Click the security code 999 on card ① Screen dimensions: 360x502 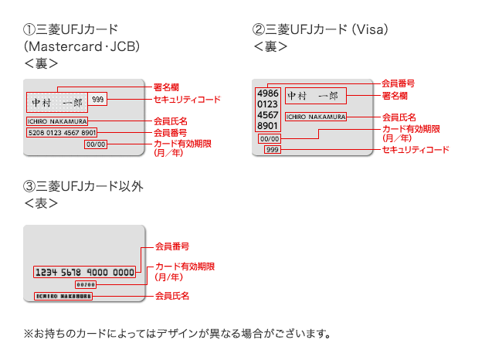(x=98, y=100)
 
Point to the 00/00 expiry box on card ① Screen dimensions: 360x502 (x=96, y=144)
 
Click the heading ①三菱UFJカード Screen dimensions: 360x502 (x=71, y=30)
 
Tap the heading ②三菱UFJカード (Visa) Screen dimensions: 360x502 (x=320, y=30)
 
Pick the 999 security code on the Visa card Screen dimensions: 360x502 (x=272, y=149)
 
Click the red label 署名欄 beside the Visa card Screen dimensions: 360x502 (x=395, y=96)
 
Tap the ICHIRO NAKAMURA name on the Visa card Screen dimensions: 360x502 (x=315, y=117)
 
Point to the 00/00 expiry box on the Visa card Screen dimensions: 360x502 (x=268, y=139)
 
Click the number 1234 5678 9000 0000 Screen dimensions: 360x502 (x=84, y=273)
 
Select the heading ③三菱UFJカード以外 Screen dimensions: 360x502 (x=83, y=186)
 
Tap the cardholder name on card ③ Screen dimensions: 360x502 (x=63, y=296)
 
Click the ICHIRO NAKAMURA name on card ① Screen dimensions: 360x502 (x=57, y=121)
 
